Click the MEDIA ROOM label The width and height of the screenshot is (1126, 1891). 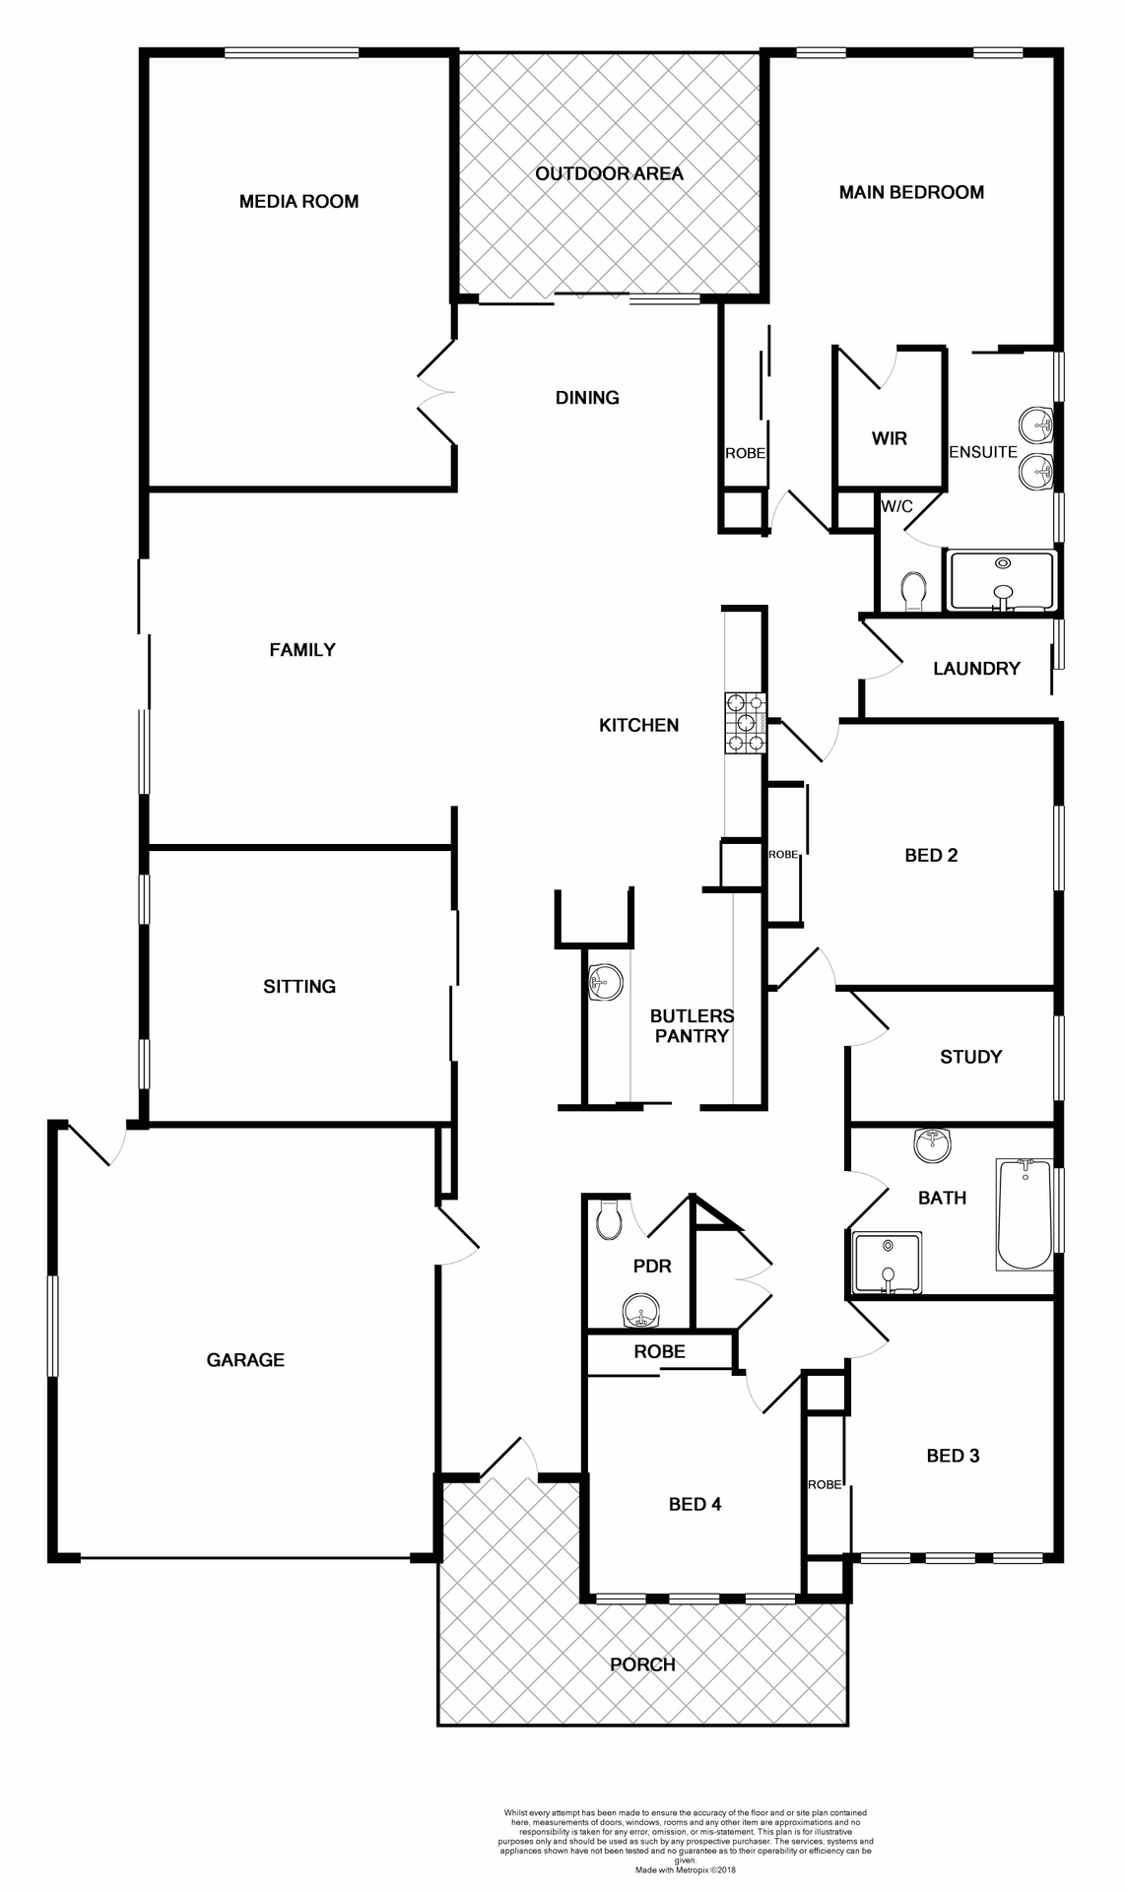298,202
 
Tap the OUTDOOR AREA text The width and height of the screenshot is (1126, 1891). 609,174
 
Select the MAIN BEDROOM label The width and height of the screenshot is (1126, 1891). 911,193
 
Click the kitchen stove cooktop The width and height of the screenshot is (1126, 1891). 745,723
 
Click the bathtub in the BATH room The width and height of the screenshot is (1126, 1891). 1025,1213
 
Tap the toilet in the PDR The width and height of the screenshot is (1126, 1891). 609,1221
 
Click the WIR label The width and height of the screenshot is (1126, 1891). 889,439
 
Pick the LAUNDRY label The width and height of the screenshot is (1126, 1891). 976,669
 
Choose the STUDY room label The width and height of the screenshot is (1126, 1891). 970,1057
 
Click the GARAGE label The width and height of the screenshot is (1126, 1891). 245,1360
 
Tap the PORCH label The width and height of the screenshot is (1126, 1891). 642,1664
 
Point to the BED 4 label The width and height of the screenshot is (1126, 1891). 695,1504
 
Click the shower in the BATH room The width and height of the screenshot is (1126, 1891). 888,1262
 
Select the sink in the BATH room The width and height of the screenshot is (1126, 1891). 931,1145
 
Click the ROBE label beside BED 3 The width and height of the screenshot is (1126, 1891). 826,1484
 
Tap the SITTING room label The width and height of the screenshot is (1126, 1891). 299,987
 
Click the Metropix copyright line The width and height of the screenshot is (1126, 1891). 685,1868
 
